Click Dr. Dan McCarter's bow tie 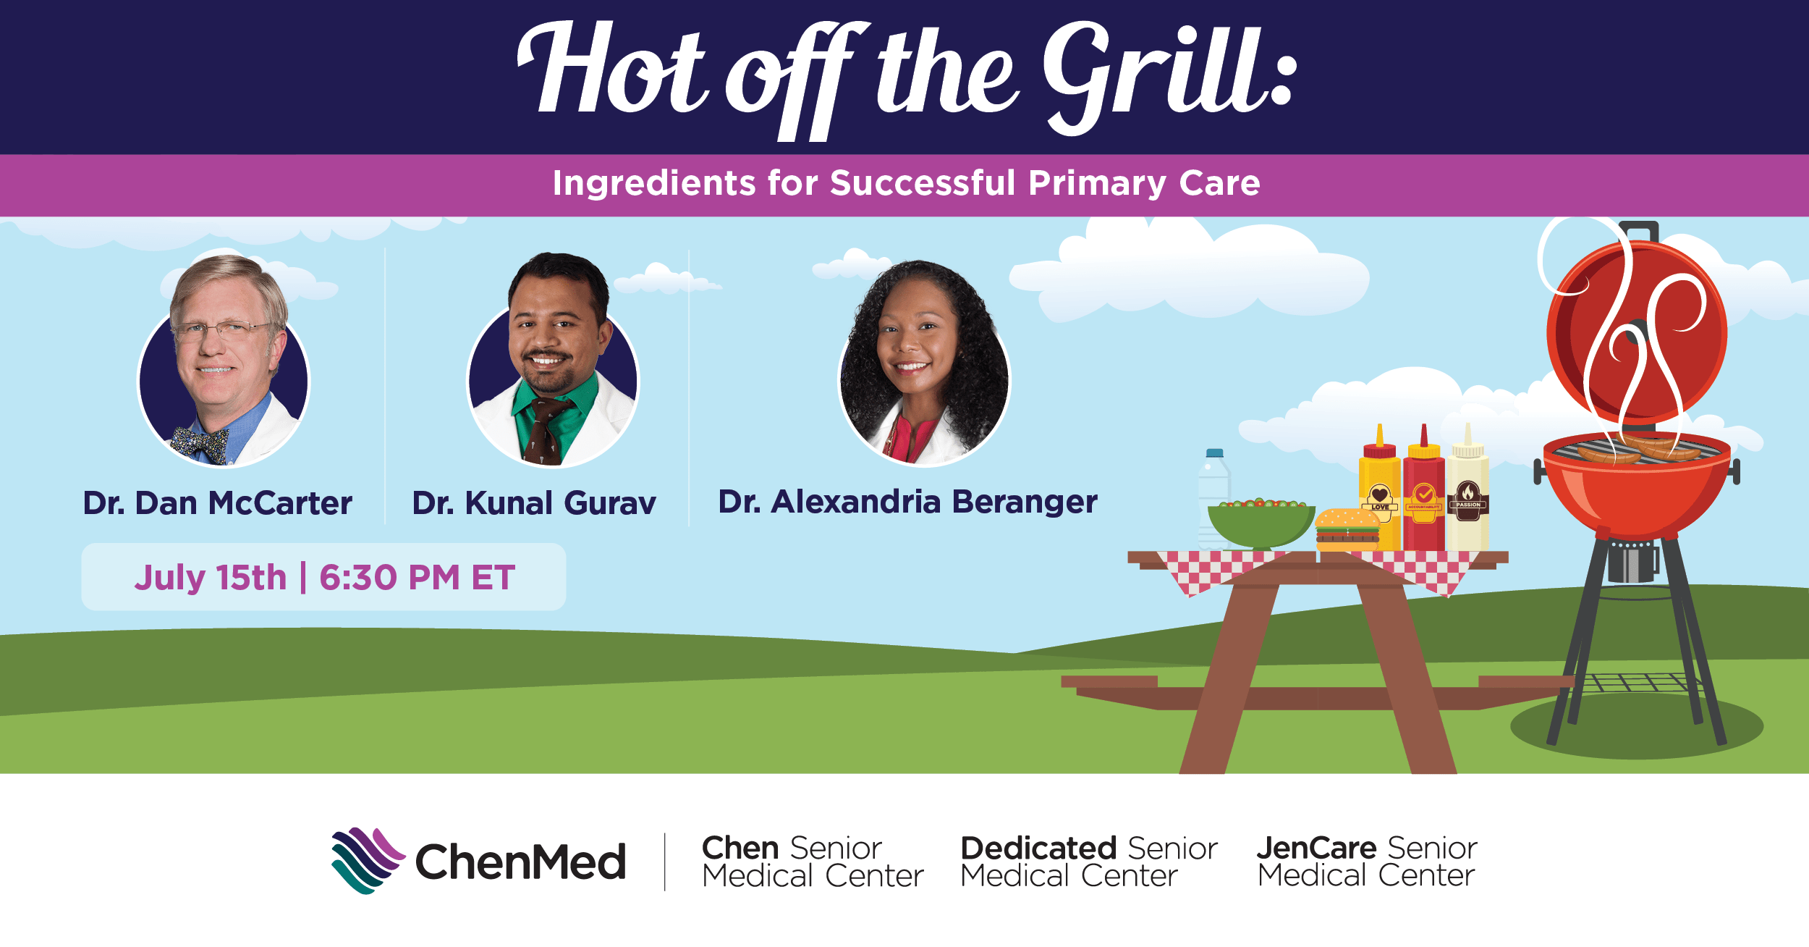point(201,443)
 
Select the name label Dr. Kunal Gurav point(533,502)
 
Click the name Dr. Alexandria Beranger point(907,502)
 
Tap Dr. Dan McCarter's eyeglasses point(221,332)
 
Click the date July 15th point(211,578)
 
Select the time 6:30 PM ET point(417,578)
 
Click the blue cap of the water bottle point(1214,453)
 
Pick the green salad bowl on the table point(1261,524)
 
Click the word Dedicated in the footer point(1038,849)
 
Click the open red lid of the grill point(1637,333)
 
